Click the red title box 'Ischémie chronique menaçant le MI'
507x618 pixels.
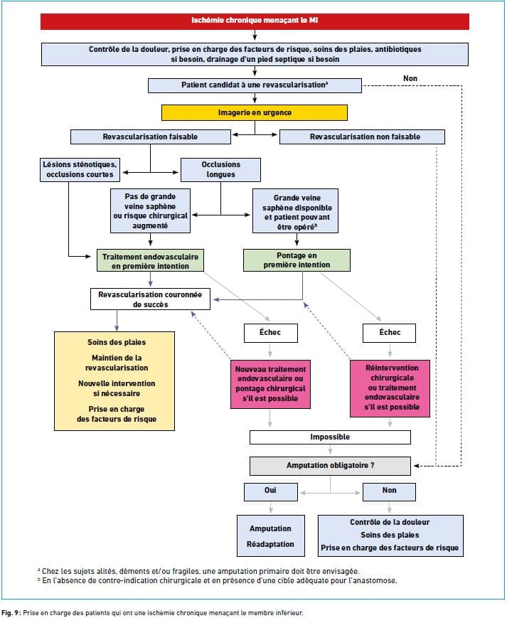point(255,21)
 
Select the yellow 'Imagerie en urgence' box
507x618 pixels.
point(255,113)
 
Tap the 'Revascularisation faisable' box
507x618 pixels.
point(151,137)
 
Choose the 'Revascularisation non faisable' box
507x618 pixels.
point(362,137)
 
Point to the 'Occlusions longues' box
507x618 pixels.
point(220,170)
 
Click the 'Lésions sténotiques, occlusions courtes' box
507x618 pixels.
point(80,170)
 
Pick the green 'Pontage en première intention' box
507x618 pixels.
point(297,260)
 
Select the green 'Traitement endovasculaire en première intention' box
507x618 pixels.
point(150,260)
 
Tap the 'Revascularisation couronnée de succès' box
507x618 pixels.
point(150,299)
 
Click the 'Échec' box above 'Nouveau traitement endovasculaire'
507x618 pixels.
point(271,333)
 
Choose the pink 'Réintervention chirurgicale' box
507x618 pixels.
point(390,388)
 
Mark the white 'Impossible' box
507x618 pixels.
point(330,437)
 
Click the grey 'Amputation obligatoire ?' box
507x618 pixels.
point(330,466)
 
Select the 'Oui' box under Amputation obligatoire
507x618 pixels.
point(271,492)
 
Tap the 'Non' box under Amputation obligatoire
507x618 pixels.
point(389,492)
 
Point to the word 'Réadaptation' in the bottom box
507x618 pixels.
point(270,544)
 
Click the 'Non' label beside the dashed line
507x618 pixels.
point(410,78)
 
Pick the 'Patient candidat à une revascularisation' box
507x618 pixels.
point(255,85)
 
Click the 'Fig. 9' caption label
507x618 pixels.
point(11,613)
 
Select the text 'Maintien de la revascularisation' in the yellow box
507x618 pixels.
point(117,363)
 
